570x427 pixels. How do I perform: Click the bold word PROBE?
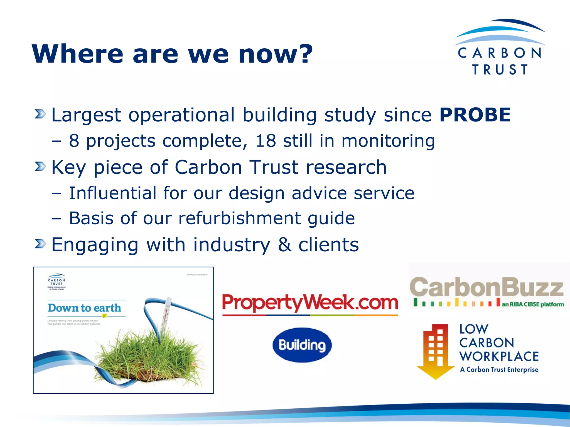475,115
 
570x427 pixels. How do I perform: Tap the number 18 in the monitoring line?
266,141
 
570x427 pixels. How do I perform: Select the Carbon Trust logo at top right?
500,47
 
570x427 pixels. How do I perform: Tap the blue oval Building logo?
302,345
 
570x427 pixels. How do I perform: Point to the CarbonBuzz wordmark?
487,287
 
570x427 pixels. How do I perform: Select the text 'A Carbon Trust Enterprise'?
499,369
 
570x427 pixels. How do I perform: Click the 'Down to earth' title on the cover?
85,308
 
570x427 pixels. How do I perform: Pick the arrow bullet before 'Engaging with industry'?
40,244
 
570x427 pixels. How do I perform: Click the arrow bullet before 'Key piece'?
40,167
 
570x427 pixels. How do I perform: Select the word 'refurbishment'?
240,218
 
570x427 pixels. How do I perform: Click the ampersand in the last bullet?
284,245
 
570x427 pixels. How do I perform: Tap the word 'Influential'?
112,193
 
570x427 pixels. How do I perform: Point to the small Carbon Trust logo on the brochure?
56,281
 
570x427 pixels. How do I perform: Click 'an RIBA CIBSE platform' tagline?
533,304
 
